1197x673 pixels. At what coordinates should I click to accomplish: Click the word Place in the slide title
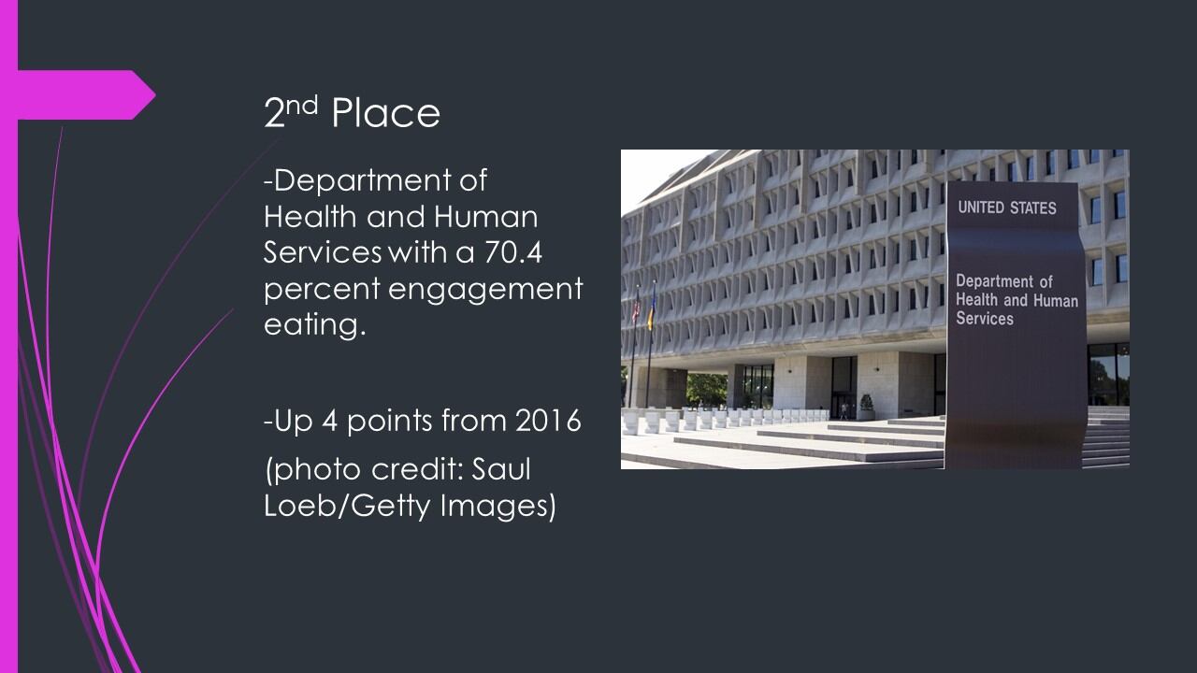386,113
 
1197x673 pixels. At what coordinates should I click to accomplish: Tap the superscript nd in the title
302,105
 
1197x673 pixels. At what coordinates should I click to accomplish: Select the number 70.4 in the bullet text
513,252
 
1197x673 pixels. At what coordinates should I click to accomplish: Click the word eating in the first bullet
315,324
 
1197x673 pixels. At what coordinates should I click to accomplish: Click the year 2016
548,421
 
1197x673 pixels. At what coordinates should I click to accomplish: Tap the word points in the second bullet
391,422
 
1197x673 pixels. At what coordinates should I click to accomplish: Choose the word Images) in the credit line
498,506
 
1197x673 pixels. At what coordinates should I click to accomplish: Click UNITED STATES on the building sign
1007,208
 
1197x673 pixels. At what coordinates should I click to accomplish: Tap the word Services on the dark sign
985,319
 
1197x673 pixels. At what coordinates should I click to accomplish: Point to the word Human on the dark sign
1056,301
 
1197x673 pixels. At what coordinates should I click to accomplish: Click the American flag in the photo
636,308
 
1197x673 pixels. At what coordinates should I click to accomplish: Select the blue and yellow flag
652,312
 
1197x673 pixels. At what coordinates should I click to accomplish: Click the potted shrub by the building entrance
866,407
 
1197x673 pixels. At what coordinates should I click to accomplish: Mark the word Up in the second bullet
293,422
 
